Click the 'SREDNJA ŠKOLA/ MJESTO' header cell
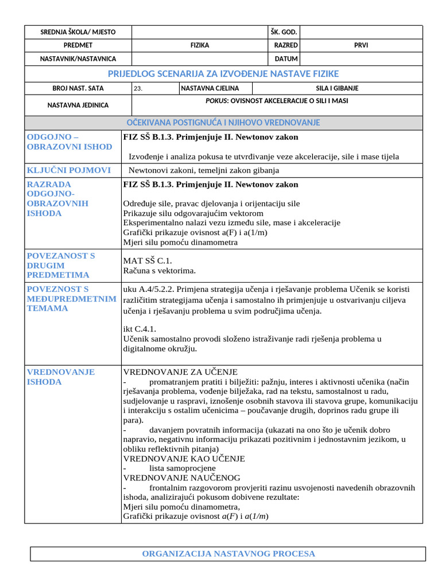pos(78,32)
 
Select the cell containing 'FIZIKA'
pos(200,45)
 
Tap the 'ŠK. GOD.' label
pos(284,32)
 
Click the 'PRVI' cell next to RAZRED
pos(361,45)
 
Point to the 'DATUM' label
pos(286,58)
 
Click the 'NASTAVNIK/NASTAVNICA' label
pos(78,58)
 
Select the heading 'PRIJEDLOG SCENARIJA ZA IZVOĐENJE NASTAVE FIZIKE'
pos(223,74)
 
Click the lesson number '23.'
pos(138,89)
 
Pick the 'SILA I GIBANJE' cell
pos(337,89)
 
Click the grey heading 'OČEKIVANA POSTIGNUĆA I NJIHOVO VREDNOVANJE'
pos(223,123)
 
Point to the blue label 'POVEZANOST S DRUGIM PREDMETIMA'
pos(61,265)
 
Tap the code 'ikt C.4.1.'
pos(140,329)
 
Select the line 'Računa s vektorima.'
pos(160,270)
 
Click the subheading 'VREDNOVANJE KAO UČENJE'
pos(184,459)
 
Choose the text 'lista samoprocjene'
pos(183,468)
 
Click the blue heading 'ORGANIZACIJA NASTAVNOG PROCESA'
pos(228,554)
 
